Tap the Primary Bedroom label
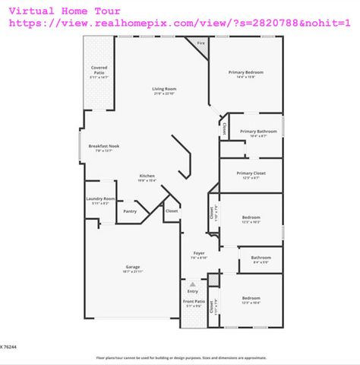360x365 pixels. [246, 72]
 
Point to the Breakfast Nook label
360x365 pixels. [104, 145]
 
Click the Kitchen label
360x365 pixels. [147, 176]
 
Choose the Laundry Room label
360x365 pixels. [100, 199]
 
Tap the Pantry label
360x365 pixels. [130, 211]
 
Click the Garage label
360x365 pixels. [133, 267]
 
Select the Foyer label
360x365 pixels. [199, 252]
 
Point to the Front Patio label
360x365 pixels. [194, 302]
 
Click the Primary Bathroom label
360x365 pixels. [258, 132]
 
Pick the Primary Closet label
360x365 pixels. [250, 173]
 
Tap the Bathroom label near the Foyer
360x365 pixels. [261, 257]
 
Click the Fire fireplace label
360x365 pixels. [201, 44]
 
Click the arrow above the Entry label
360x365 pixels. [193, 284]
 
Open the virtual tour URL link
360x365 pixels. [179, 24]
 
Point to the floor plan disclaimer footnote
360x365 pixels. [180, 357]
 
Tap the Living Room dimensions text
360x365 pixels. [164, 94]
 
